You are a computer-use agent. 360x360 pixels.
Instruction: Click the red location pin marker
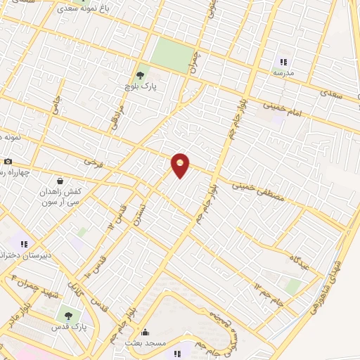click(181, 165)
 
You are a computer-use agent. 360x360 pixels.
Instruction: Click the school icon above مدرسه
click(283, 62)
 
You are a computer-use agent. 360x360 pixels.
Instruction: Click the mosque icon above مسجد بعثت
click(146, 333)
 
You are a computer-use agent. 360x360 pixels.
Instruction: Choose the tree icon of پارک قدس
click(68, 316)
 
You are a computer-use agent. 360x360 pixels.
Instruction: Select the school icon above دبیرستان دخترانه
click(23, 243)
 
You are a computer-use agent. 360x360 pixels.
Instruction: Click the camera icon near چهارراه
click(8, 162)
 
